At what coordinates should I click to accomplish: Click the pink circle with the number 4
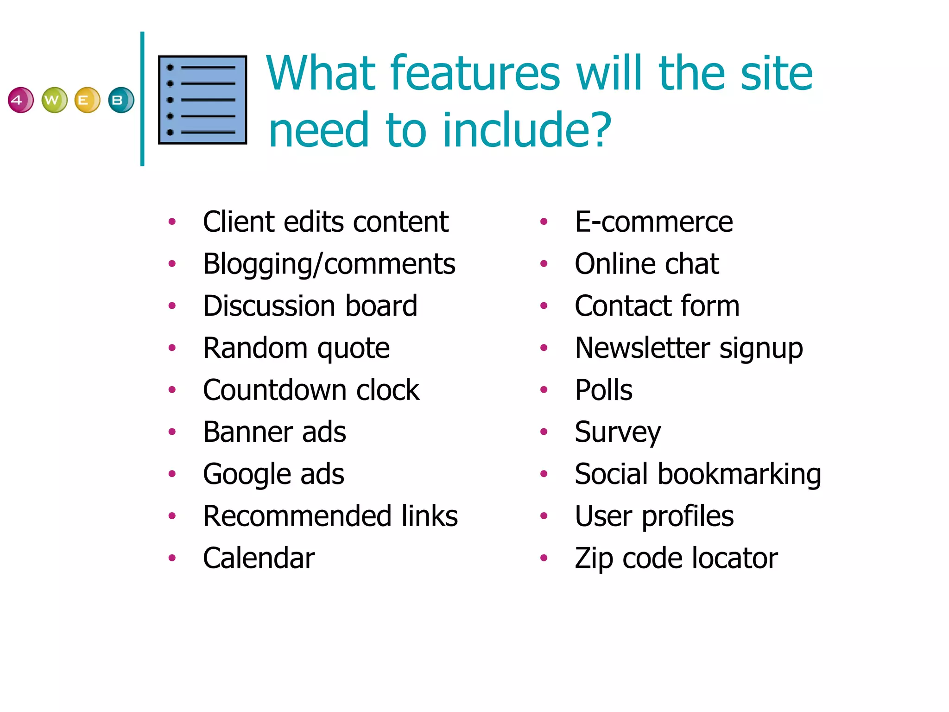point(21,100)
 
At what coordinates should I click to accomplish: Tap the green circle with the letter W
point(54,100)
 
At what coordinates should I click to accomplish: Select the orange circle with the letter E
point(87,100)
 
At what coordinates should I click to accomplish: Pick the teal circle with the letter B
point(121,100)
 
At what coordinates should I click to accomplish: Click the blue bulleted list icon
point(202,100)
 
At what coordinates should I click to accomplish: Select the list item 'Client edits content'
point(325,222)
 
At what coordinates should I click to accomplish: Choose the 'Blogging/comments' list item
point(329,264)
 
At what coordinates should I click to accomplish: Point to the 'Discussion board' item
point(310,306)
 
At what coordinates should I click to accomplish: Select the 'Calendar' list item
point(259,558)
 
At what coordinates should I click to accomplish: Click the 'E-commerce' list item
point(653,222)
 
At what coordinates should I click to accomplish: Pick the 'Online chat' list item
point(646,264)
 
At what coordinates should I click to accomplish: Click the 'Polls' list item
point(603,390)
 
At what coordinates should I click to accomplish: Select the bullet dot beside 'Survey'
point(544,432)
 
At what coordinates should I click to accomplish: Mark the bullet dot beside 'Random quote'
point(172,348)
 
